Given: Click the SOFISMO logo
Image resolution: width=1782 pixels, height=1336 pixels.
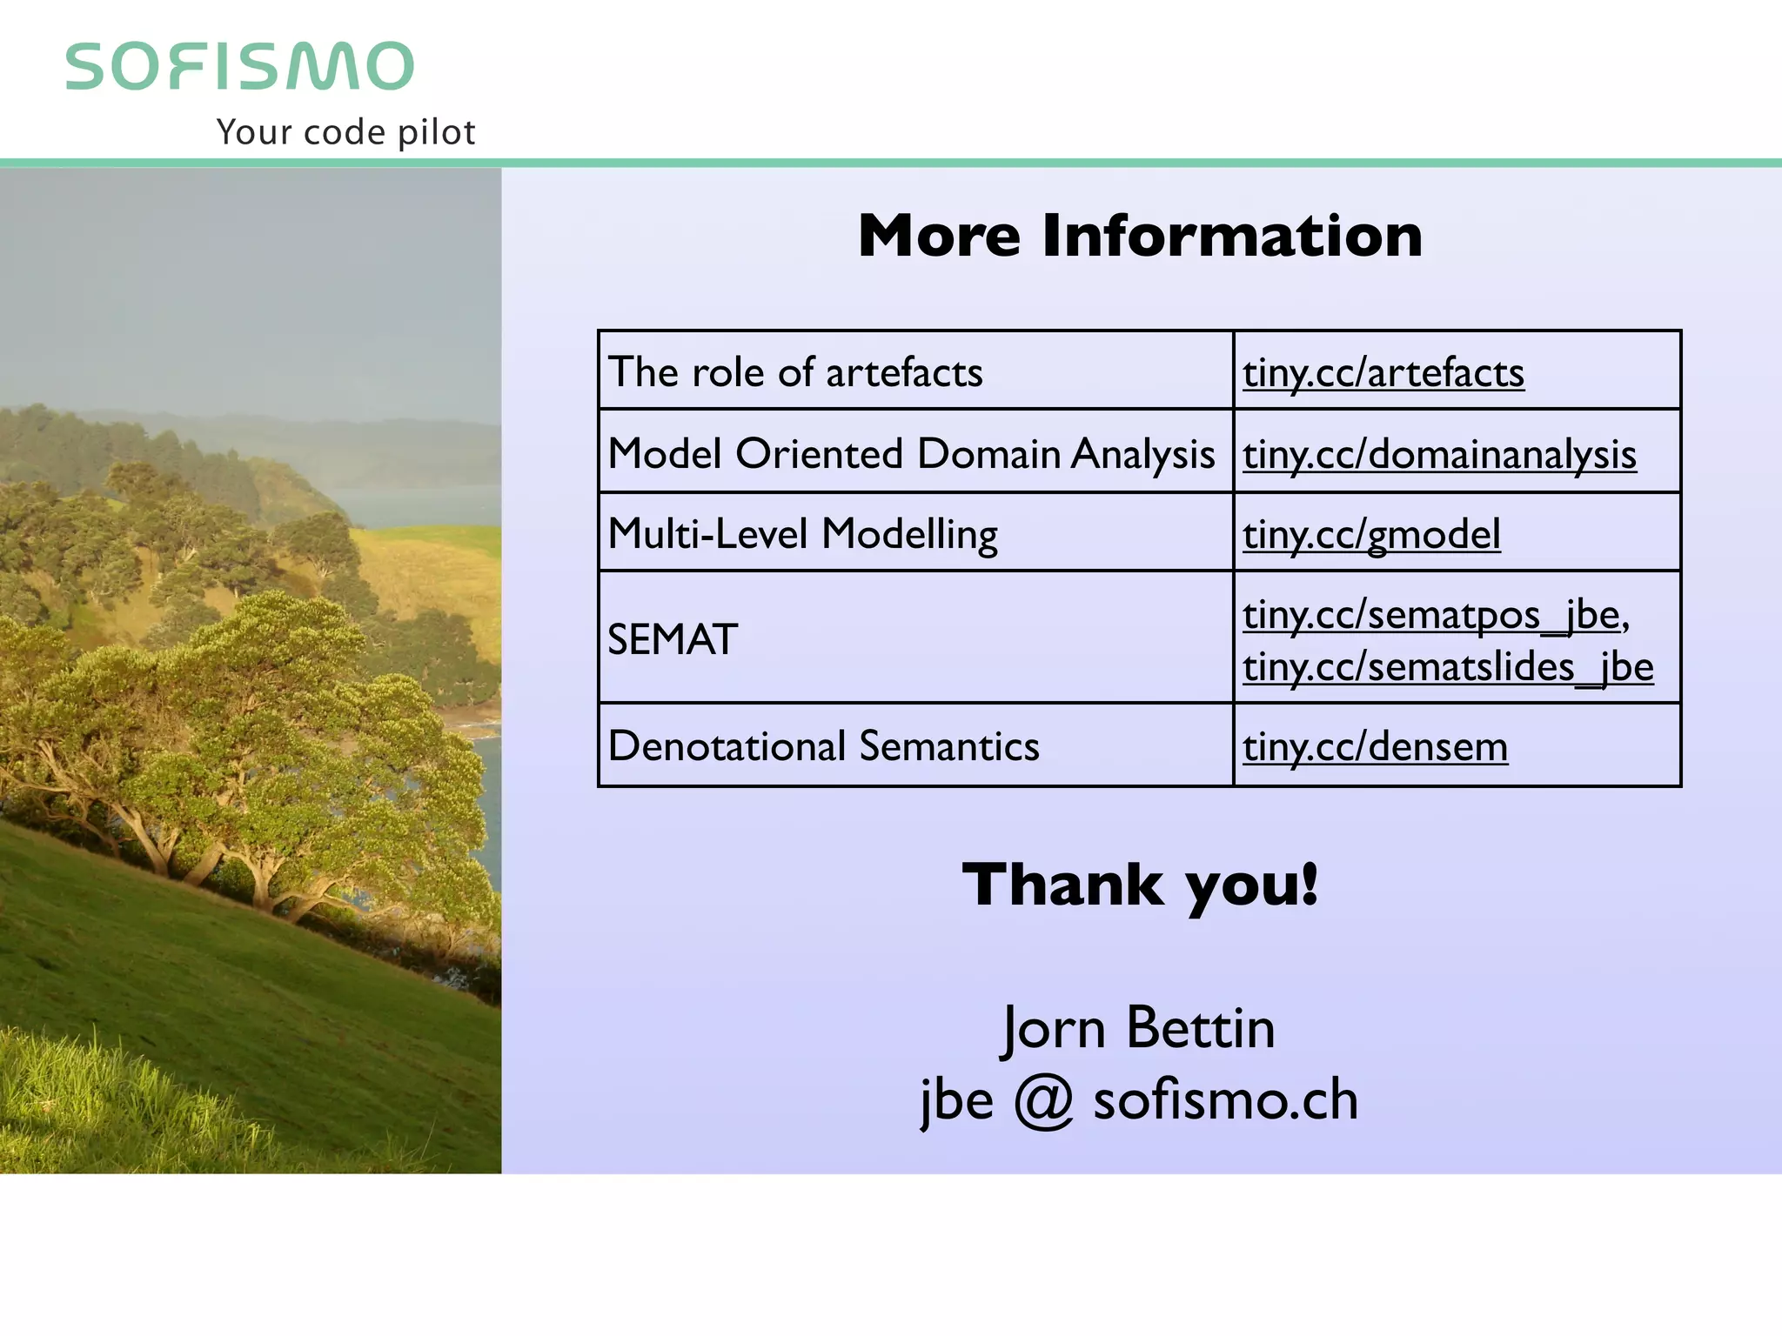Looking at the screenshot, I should (x=239, y=66).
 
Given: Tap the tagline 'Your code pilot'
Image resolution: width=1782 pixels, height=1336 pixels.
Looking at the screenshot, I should (x=345, y=132).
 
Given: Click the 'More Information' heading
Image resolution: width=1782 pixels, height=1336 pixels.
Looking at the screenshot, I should (x=1140, y=236).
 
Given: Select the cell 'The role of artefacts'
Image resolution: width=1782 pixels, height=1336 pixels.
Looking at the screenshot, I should (x=795, y=372).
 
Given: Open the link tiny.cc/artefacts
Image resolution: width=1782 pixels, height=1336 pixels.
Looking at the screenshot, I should (x=1383, y=373).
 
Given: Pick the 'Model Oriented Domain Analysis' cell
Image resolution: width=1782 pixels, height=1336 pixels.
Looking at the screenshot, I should (x=911, y=453).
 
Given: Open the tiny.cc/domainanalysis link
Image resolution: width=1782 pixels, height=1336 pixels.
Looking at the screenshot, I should (x=1439, y=455).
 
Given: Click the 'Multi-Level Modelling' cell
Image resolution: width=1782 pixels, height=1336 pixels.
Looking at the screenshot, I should (x=802, y=534).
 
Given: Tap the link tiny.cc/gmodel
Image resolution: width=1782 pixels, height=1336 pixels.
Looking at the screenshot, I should (x=1371, y=535).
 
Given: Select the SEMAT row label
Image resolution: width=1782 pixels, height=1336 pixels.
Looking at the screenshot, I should (x=673, y=639).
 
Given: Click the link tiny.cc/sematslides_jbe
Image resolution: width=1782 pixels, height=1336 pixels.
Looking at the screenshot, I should (x=1448, y=668).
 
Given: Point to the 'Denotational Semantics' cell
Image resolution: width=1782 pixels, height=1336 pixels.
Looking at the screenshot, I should (x=823, y=746).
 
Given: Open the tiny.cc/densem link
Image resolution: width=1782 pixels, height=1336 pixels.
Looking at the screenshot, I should (x=1375, y=747).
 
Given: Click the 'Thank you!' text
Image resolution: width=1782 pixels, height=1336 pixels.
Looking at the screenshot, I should (x=1140, y=885).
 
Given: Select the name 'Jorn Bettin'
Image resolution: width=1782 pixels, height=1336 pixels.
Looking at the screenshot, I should (x=1138, y=1028).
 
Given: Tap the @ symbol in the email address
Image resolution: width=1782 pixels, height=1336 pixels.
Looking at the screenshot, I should (x=1043, y=1100).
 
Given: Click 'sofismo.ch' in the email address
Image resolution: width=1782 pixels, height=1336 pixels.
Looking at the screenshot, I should (x=1225, y=1099).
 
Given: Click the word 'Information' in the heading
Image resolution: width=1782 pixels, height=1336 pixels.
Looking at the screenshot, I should (x=1232, y=236).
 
